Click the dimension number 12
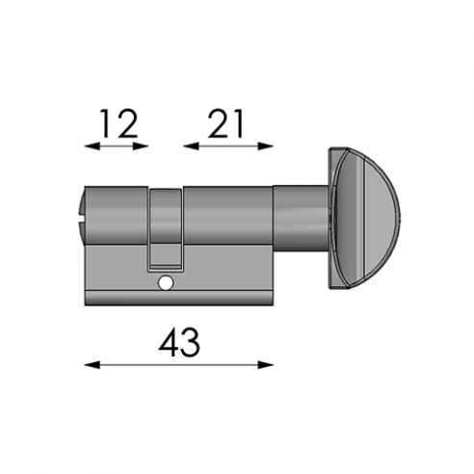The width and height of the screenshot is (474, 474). point(119,123)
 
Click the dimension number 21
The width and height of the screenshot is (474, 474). point(225,123)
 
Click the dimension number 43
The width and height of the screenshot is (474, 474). point(179,342)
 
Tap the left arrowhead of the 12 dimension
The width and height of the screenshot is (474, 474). point(92,146)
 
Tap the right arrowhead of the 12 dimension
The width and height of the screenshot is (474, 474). point(141,146)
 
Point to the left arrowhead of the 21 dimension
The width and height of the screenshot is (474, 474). point(192,146)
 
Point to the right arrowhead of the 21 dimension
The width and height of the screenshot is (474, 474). point(265,146)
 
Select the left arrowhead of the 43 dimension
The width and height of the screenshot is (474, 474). point(92,365)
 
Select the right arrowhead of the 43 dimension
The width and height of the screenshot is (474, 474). point(265,365)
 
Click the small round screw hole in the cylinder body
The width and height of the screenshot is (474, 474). point(166,283)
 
